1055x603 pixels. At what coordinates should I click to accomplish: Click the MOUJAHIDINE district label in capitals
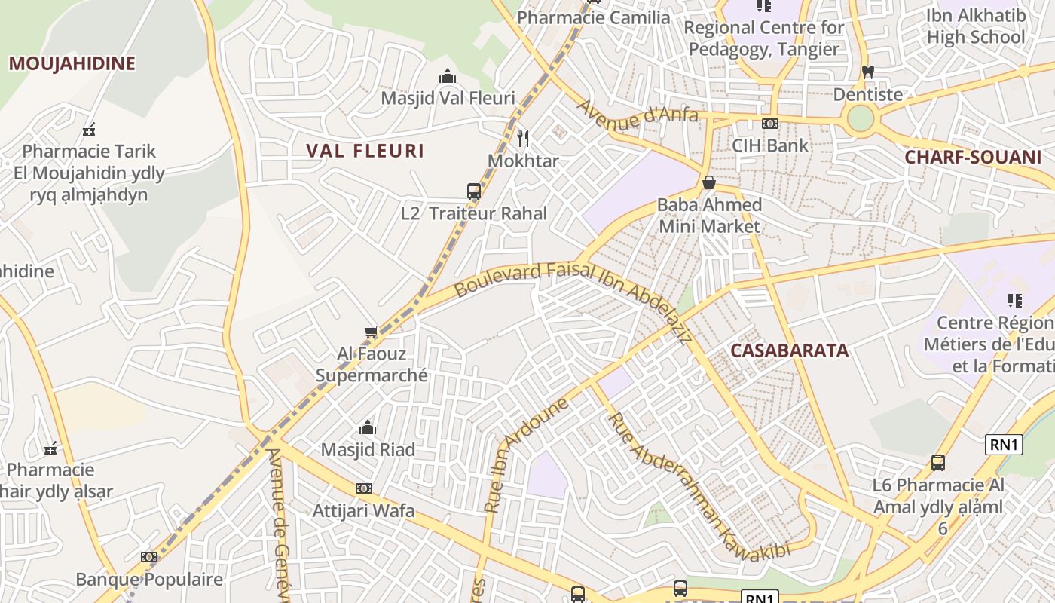click(72, 63)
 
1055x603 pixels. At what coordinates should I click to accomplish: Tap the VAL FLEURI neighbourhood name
click(365, 151)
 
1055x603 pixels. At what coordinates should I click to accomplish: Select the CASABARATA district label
click(789, 350)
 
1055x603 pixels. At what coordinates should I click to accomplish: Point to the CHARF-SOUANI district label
click(972, 158)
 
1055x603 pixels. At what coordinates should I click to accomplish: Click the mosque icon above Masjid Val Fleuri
click(448, 77)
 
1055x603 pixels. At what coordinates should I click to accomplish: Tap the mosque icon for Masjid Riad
click(368, 428)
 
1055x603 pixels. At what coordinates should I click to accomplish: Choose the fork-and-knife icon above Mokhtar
click(523, 139)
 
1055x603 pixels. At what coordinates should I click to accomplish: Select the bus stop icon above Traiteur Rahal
click(473, 191)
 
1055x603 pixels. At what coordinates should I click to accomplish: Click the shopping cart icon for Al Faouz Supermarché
click(371, 332)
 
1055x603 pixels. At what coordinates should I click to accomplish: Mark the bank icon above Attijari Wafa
click(364, 488)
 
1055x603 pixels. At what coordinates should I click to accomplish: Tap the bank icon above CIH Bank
click(769, 124)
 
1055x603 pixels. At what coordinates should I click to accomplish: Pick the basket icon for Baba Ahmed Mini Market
click(708, 182)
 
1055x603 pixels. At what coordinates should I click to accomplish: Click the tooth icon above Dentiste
click(867, 72)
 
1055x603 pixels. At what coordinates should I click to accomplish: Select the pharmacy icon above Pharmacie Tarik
click(89, 130)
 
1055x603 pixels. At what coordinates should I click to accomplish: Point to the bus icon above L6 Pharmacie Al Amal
click(938, 462)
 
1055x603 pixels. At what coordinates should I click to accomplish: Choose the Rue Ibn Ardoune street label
click(526, 455)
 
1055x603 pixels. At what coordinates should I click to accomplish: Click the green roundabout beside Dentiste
click(860, 118)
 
